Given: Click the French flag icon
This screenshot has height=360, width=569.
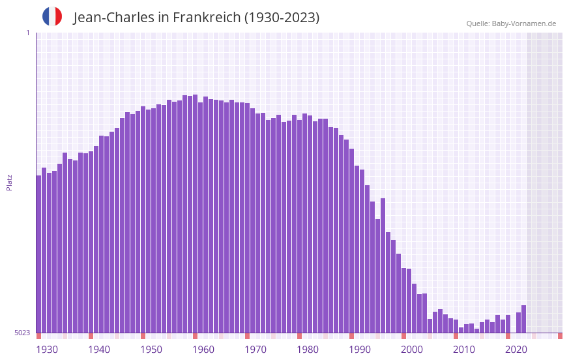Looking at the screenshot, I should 52,16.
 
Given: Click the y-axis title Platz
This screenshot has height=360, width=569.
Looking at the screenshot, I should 9,182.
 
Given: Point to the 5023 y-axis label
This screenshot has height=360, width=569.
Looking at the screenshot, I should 22,333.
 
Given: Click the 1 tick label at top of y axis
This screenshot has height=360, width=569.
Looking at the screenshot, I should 27,33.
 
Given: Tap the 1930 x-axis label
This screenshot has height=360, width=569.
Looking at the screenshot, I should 47,350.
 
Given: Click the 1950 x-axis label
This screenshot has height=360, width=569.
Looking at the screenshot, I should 151,350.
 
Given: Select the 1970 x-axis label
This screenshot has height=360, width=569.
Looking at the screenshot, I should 255,350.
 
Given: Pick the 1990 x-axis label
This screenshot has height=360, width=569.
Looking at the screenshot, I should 360,350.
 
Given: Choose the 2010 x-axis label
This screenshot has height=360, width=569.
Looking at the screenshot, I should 464,350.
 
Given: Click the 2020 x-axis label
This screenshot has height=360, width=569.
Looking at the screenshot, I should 516,350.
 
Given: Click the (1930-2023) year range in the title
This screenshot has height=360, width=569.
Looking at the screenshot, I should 282,18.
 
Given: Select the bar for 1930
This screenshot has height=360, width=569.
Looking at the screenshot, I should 38,254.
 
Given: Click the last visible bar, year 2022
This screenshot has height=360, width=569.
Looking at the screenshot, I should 523,320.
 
